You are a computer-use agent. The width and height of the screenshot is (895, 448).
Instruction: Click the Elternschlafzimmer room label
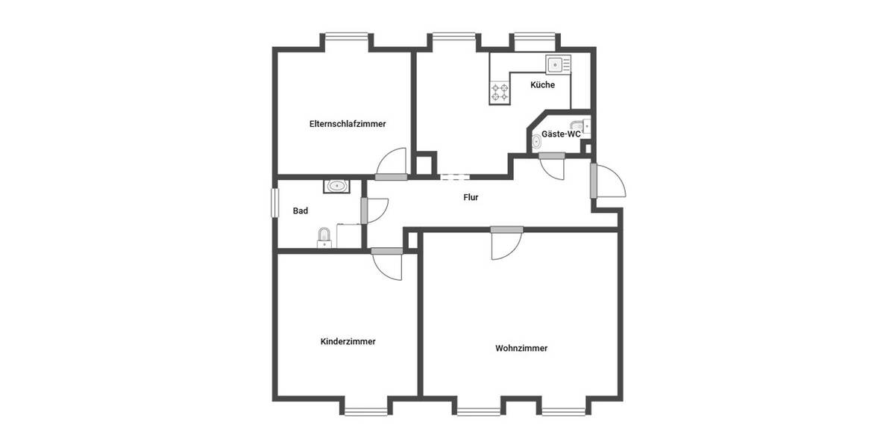(x=348, y=124)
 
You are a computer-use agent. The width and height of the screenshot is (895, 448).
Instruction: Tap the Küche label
(x=542, y=85)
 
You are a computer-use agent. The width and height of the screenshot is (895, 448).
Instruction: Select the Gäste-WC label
(x=561, y=134)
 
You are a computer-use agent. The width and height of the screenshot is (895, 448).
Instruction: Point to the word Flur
(x=471, y=198)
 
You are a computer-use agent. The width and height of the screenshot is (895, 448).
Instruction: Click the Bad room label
(x=300, y=211)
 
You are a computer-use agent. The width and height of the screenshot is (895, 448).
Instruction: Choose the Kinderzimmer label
(x=348, y=342)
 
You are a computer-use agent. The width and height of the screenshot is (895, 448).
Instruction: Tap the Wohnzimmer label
(x=521, y=348)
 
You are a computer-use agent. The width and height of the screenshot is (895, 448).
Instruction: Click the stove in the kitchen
(x=500, y=93)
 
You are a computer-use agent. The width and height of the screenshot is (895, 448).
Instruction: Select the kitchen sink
(x=556, y=65)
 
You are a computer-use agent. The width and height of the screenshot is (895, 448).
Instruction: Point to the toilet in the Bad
(x=324, y=238)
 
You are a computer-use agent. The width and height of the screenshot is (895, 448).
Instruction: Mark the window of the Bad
(x=273, y=202)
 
